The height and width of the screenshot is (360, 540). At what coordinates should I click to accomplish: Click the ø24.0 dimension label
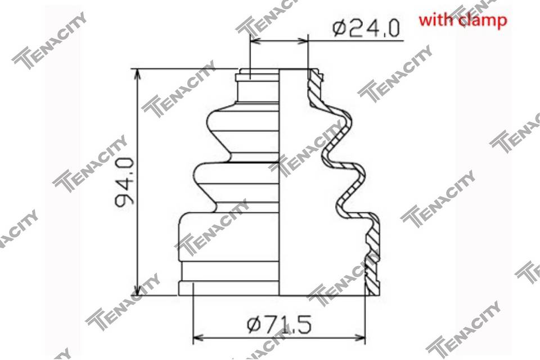point(366,28)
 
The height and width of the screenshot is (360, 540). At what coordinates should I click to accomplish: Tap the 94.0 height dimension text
point(124,182)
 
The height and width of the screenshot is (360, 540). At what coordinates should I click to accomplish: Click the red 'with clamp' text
point(462,20)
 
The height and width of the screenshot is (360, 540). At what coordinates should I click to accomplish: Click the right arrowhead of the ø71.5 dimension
point(359,337)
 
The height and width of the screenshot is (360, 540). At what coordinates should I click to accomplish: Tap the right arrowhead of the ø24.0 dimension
point(301,41)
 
